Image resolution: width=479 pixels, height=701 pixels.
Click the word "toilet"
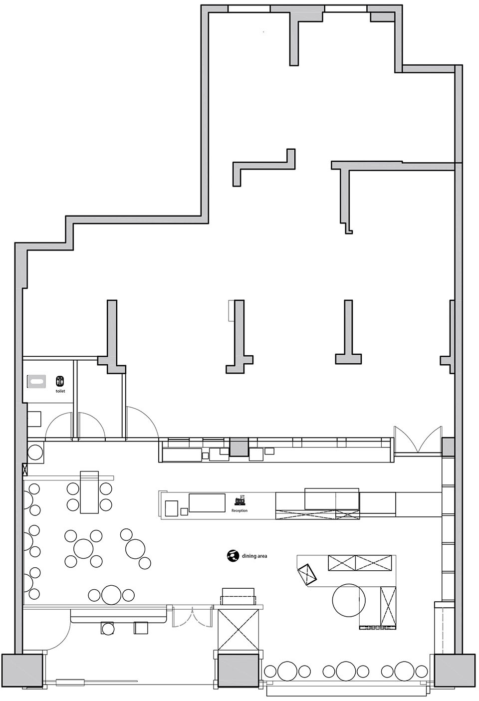[x=60, y=391]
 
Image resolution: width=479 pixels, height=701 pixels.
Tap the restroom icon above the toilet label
[x=60, y=381]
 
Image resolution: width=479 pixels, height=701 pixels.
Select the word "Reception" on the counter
[x=239, y=510]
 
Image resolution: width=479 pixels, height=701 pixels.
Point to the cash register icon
[x=239, y=500]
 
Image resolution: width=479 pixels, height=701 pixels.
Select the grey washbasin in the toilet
[x=37, y=382]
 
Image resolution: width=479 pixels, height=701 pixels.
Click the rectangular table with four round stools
[x=89, y=492]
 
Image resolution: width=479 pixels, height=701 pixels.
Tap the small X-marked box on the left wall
[x=25, y=469]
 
